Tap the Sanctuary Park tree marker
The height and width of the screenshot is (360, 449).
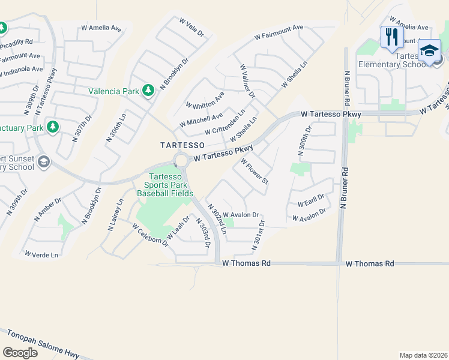coord(53,127)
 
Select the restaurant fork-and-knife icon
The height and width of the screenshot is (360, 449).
coord(391,37)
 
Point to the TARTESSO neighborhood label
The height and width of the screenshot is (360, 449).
coord(182,145)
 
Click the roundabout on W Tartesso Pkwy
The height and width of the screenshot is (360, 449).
coord(181,160)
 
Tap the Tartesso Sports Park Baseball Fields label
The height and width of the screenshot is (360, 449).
coord(165,184)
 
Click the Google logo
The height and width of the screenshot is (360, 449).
coord(20,352)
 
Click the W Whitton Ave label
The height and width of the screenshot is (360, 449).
coord(205,100)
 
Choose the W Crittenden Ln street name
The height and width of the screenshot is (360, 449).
coord(224,122)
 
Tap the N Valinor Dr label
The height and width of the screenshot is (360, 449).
coord(247,82)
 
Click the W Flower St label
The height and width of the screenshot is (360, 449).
coord(255,172)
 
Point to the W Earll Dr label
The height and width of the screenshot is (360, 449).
coord(310,199)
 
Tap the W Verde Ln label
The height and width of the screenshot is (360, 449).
coord(41,254)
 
